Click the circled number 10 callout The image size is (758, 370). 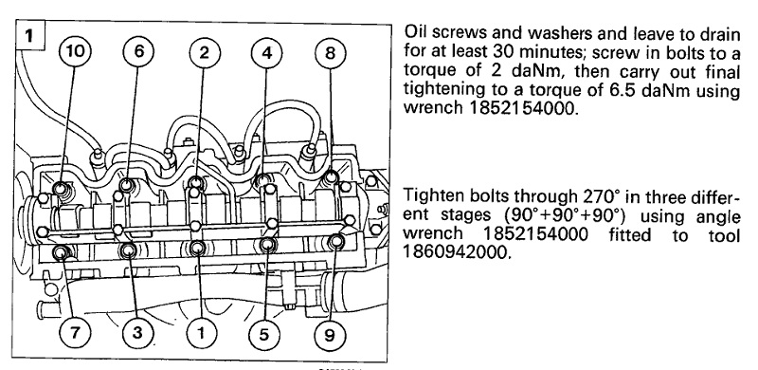click(x=75, y=52)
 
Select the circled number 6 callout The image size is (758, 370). click(x=138, y=52)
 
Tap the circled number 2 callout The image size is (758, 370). click(x=205, y=52)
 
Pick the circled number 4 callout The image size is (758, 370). click(x=267, y=52)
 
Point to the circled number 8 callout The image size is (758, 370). click(x=330, y=52)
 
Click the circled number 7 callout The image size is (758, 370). click(x=75, y=334)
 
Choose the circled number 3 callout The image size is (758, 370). click(x=137, y=334)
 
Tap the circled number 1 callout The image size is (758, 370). click(x=201, y=334)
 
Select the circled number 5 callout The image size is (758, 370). click(x=264, y=334)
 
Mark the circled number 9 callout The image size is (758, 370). click(x=329, y=334)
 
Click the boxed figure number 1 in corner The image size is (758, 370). click(x=30, y=36)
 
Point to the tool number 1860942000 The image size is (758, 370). click(x=457, y=251)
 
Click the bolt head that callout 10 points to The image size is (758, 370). click(x=62, y=189)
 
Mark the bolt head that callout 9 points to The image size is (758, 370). click(x=336, y=241)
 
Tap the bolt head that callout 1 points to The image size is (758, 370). click(x=198, y=248)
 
